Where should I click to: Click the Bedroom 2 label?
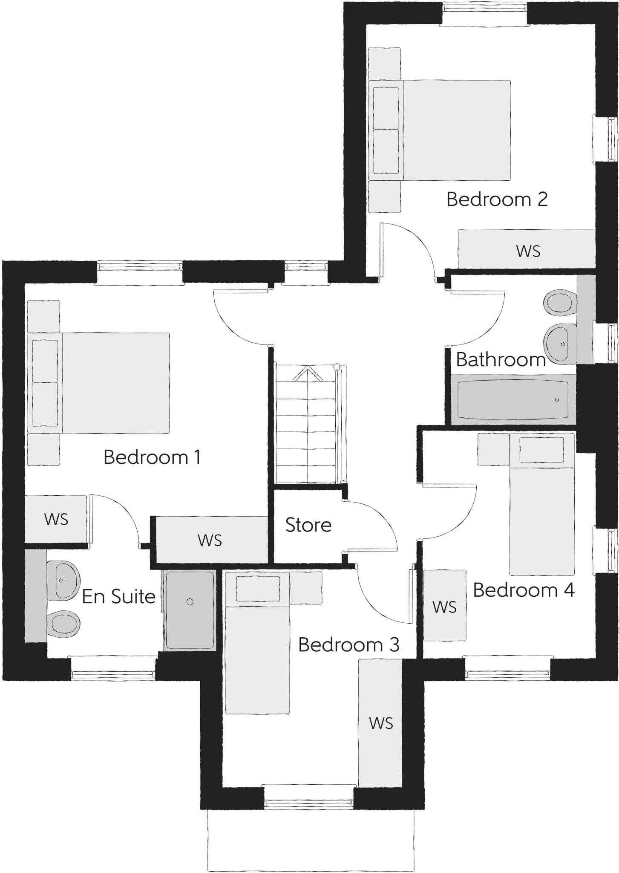tap(497, 199)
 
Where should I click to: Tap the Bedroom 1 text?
tap(152, 457)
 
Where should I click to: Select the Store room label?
tap(308, 525)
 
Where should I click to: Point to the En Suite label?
tap(118, 596)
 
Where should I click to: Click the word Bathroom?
tap(501, 360)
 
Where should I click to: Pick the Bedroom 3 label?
tap(348, 645)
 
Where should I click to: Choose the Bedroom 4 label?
tap(524, 590)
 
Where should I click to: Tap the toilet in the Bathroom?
tap(558, 302)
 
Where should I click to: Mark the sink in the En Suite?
tap(63, 580)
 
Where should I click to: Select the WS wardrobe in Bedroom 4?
tap(444, 606)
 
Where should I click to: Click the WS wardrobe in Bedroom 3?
tap(380, 723)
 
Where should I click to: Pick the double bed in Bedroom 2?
tap(441, 130)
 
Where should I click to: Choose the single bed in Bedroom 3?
tap(257, 643)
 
